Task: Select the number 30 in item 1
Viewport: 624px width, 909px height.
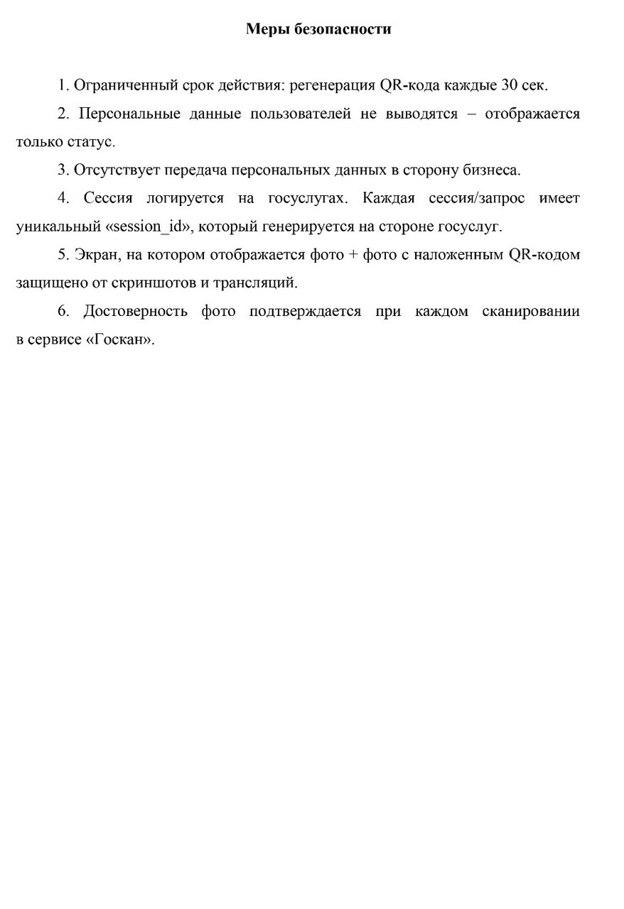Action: click(x=511, y=86)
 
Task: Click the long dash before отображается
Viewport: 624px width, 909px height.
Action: click(x=471, y=114)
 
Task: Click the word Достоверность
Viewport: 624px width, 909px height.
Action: click(x=135, y=311)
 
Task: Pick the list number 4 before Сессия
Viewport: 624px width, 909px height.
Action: click(x=63, y=199)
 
